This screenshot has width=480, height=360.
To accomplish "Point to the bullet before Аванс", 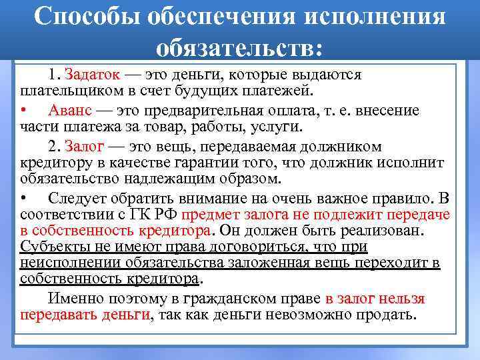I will (x=24, y=109).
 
